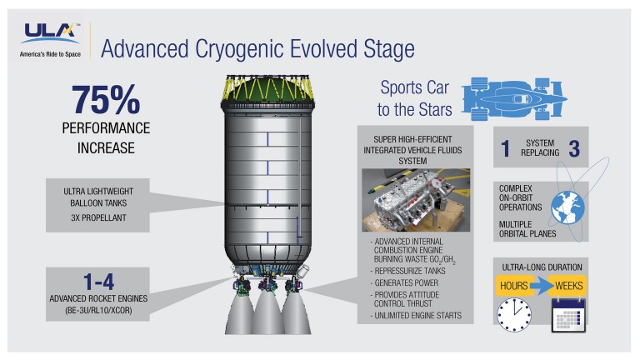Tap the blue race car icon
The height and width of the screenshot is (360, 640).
[x=527, y=97]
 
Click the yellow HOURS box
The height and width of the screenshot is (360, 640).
[x=513, y=286]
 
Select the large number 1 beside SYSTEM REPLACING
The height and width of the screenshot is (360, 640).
[x=504, y=147]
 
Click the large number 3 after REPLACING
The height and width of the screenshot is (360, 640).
[x=576, y=147]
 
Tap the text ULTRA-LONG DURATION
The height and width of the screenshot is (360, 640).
[x=542, y=266]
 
